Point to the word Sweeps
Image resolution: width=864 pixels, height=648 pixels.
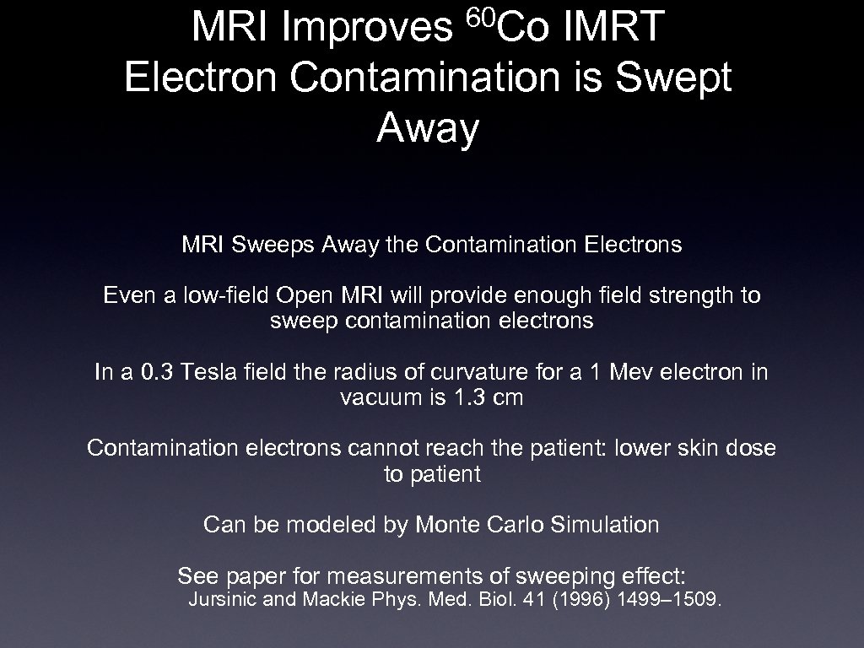click(x=270, y=246)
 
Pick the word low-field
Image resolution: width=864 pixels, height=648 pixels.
click(x=228, y=296)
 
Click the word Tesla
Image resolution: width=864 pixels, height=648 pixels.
click(x=206, y=372)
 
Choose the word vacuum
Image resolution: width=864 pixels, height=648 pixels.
click(x=378, y=397)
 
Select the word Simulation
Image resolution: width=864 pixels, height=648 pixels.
click(x=605, y=525)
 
